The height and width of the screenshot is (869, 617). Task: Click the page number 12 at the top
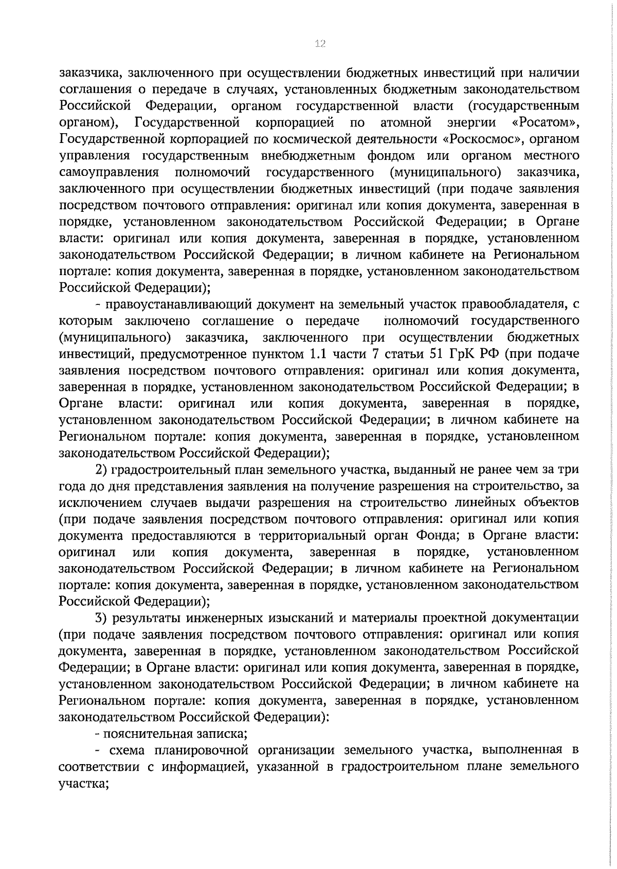coord(320,44)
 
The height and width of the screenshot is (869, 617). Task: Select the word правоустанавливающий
coord(182,304)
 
